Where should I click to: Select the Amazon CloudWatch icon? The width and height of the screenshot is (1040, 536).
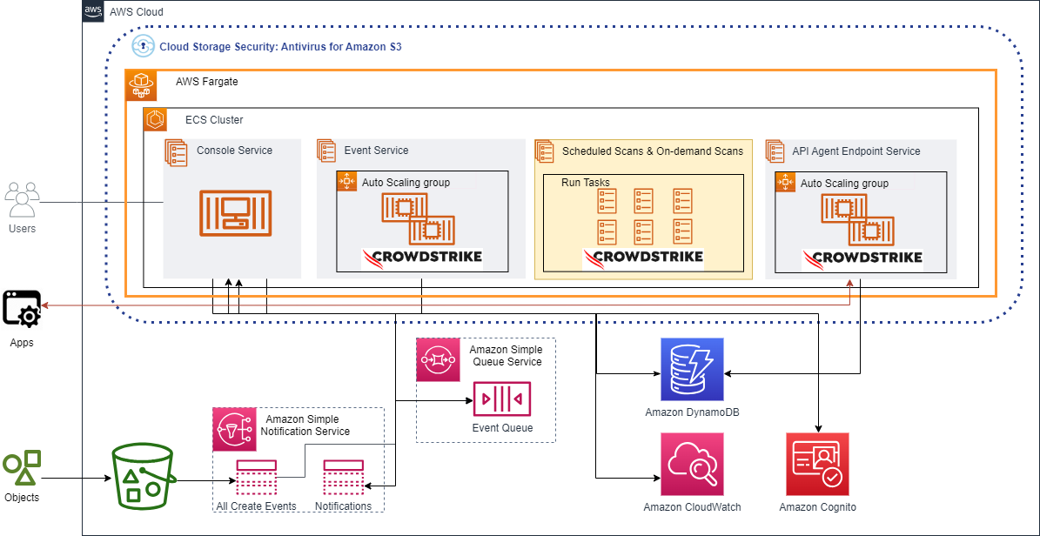point(692,464)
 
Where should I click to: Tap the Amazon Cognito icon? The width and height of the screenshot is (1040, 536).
point(817,464)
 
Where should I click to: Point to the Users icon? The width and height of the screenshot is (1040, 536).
point(22,200)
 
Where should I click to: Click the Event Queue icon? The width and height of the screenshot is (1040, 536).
point(502,399)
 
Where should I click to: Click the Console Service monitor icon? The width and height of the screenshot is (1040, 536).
point(235,213)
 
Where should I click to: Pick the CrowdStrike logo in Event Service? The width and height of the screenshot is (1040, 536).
point(422,258)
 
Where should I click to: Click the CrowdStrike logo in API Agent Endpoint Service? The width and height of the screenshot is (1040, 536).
point(862,258)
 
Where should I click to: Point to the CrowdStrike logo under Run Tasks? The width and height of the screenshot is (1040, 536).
point(642,258)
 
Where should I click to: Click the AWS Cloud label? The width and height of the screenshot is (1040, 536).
point(136,12)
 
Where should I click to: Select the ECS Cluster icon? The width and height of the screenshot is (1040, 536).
point(155,120)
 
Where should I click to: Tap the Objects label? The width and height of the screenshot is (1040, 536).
point(22,499)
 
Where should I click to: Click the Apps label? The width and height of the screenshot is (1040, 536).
point(22,343)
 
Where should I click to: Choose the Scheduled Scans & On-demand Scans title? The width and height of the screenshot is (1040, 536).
point(653,151)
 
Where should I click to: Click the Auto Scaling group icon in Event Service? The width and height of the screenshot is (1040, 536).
point(347,182)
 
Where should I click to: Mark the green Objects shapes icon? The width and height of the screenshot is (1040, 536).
point(22,468)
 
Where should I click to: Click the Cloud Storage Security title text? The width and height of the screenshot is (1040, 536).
point(279,46)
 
